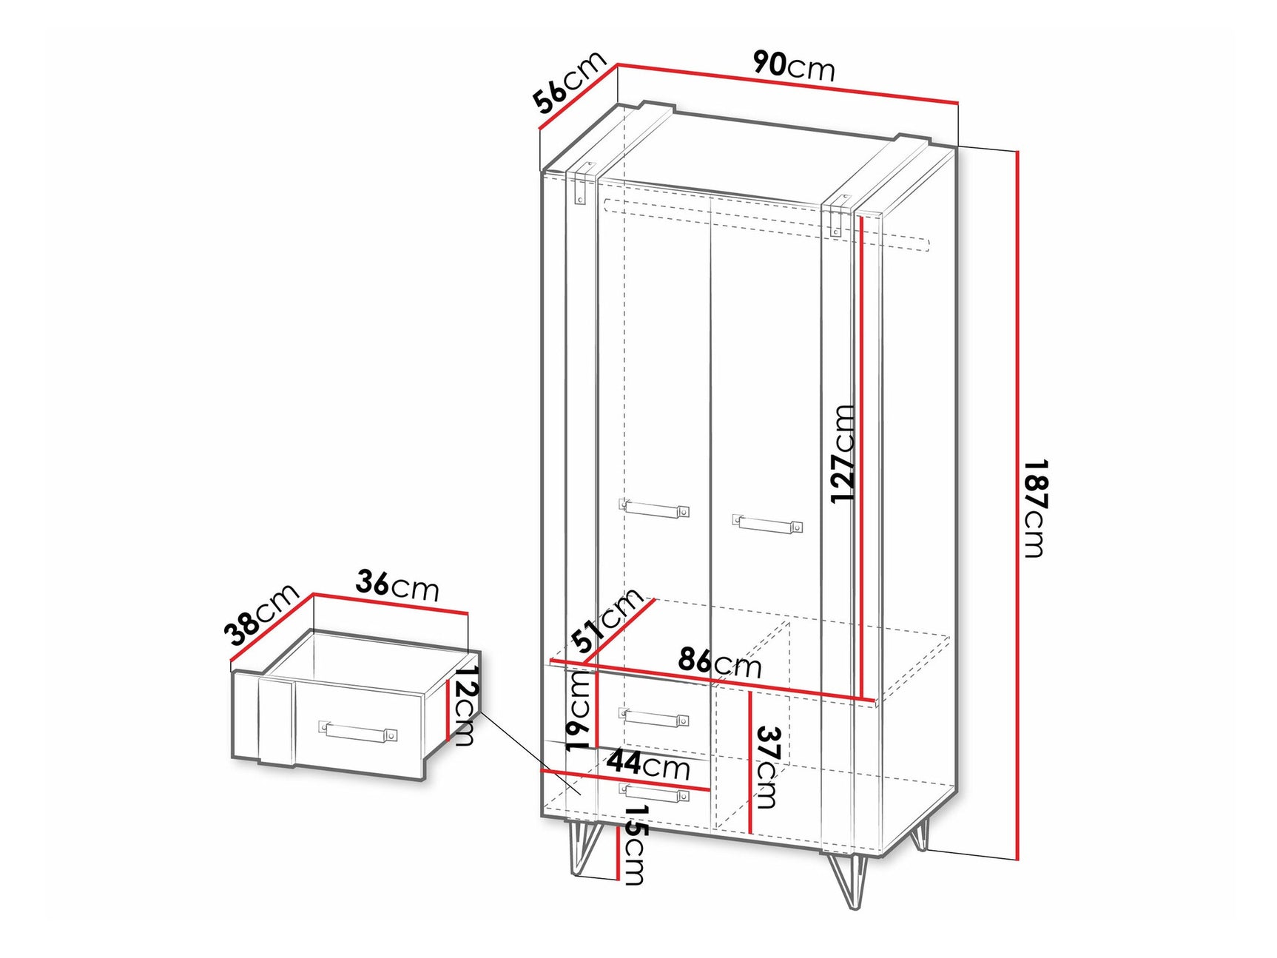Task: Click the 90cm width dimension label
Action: [794, 66]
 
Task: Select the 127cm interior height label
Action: [843, 453]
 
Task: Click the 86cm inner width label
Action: [719, 662]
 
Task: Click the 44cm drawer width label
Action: [649, 763]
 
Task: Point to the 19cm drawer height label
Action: [579, 711]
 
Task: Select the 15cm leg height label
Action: [635, 845]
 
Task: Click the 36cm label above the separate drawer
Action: [397, 585]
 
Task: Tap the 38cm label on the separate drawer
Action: [261, 615]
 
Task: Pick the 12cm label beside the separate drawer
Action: [465, 705]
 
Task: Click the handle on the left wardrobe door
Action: [655, 509]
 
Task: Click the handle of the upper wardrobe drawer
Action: [654, 717]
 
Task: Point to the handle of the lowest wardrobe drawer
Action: [654, 792]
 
